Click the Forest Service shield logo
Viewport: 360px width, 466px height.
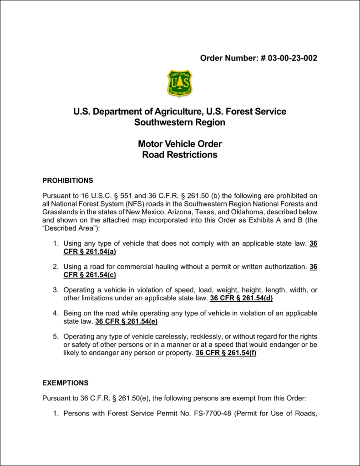point(180,83)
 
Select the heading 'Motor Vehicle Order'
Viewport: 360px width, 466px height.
point(180,144)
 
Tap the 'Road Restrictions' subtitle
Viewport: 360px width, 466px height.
point(180,155)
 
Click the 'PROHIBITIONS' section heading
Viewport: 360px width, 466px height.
point(67,180)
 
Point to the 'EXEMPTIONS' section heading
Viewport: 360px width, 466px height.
point(65,383)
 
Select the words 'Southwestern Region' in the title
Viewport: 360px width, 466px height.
point(180,122)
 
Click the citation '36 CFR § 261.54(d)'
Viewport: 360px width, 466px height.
point(241,299)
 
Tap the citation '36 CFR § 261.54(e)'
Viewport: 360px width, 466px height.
point(126,321)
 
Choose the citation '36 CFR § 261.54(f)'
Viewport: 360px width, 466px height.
point(226,353)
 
